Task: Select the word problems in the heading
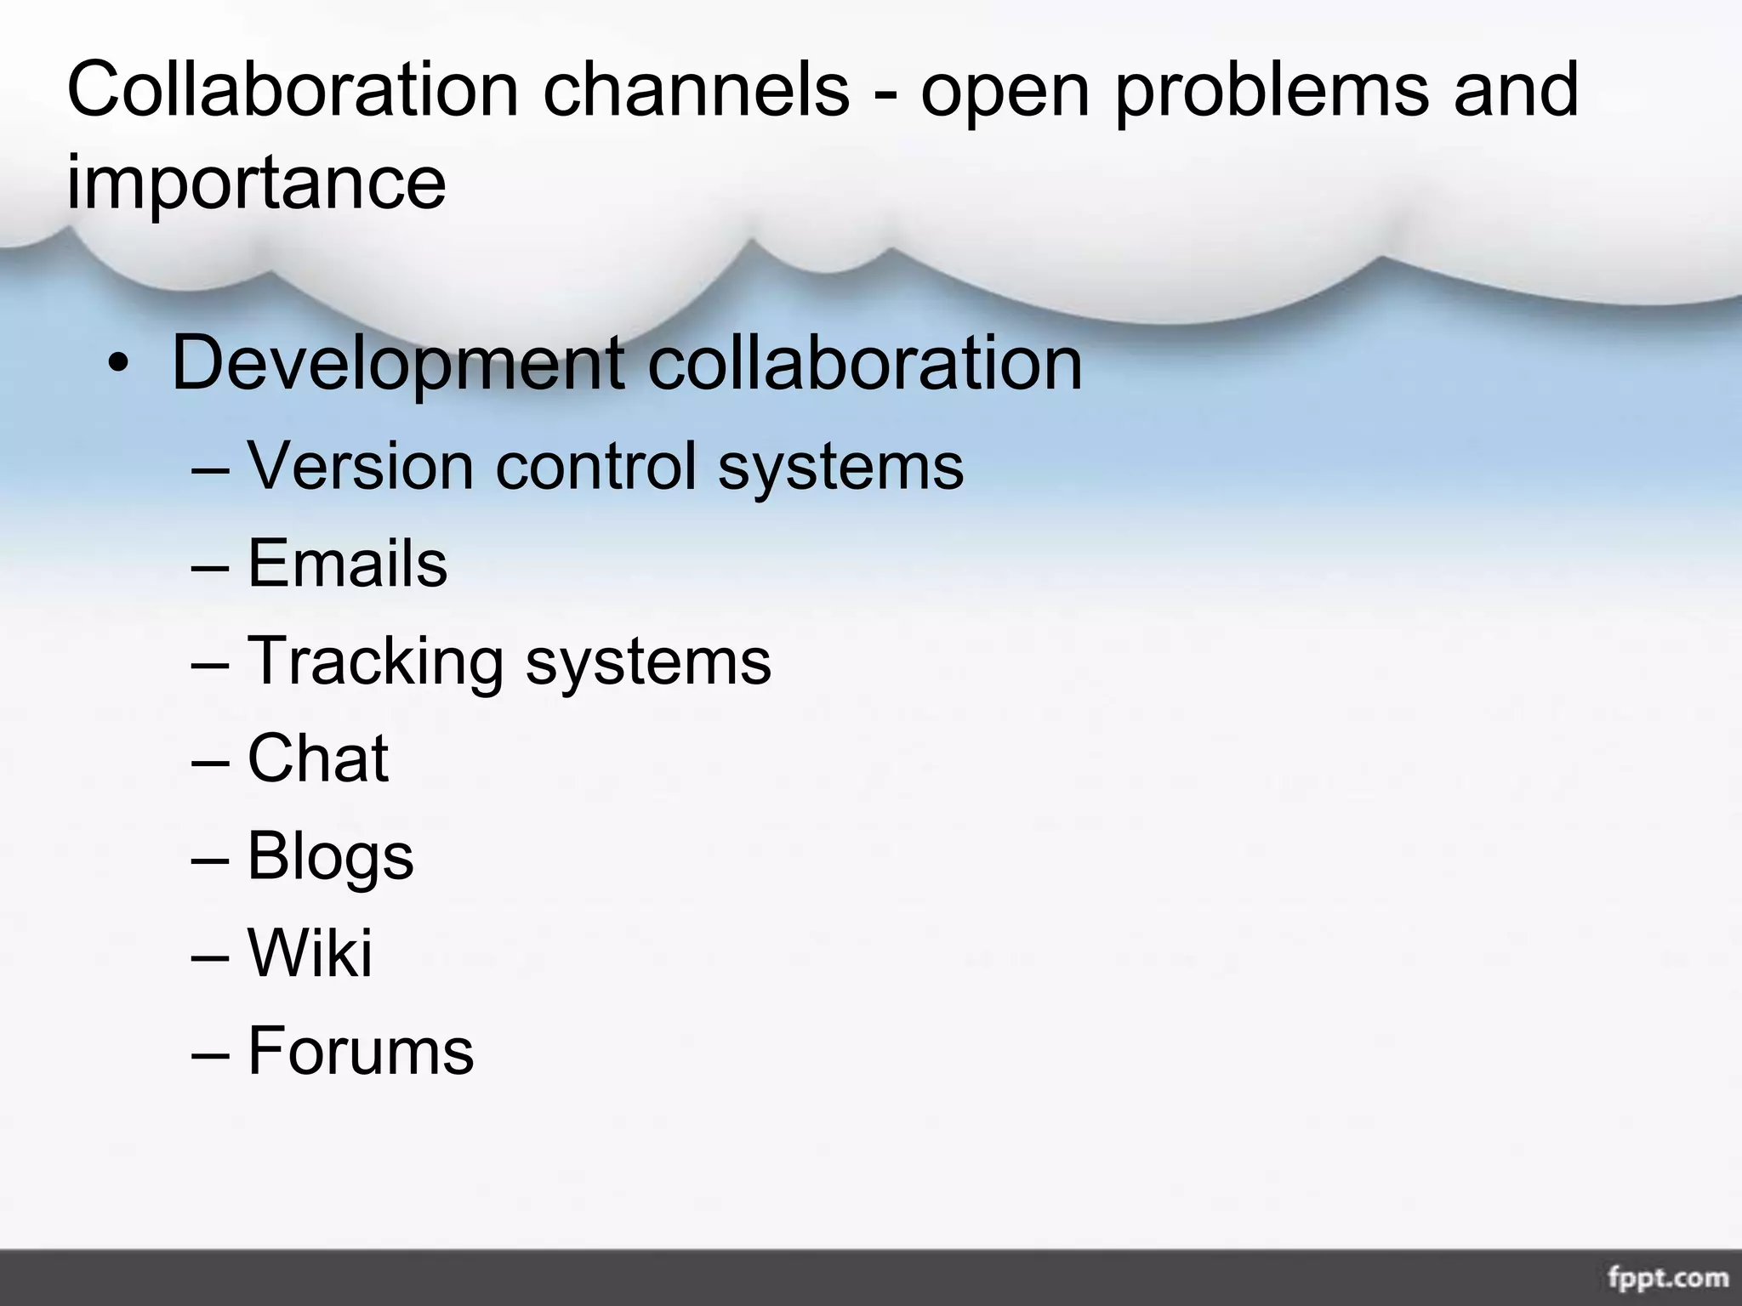click(x=1271, y=90)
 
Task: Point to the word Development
click(x=397, y=365)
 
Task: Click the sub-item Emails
click(x=347, y=563)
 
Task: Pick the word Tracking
click(x=375, y=662)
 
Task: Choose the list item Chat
click(x=318, y=758)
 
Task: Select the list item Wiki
click(x=310, y=953)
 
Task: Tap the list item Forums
click(x=361, y=1051)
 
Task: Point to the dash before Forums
click(x=210, y=1053)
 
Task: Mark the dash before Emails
click(x=210, y=565)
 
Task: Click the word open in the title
click(x=1005, y=92)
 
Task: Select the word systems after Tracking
click(x=648, y=662)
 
